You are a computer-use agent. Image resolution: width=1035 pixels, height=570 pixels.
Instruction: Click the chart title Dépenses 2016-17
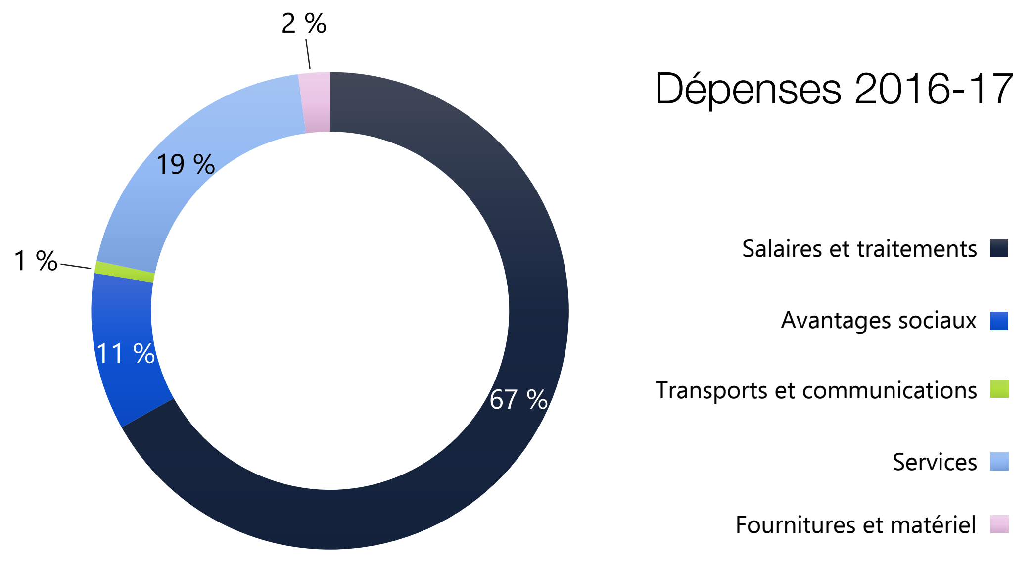tap(834, 89)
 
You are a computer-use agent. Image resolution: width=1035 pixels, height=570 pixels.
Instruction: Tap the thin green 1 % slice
tap(124, 272)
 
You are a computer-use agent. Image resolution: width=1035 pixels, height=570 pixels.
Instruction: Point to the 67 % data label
tap(518, 399)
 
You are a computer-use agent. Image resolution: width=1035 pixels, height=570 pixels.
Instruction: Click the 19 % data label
tap(186, 164)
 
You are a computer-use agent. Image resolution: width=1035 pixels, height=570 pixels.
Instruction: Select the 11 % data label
tap(125, 354)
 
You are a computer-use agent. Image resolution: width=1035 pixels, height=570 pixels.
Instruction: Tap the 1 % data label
tap(36, 261)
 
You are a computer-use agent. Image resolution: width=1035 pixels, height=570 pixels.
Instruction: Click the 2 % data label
tap(304, 23)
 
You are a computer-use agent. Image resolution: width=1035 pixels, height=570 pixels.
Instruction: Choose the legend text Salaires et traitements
tap(859, 248)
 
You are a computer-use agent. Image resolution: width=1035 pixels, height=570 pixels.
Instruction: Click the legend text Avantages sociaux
tap(879, 320)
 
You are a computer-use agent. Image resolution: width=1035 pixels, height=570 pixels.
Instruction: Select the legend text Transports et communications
tap(816, 390)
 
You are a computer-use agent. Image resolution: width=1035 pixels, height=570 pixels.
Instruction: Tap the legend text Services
tap(935, 462)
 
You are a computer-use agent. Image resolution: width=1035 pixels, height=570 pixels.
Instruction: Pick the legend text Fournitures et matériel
tap(856, 524)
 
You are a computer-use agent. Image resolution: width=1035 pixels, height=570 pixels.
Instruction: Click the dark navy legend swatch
tap(999, 248)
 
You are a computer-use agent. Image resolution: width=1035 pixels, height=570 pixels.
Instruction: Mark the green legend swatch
tap(999, 389)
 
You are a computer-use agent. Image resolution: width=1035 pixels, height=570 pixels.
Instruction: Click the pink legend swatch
tap(999, 524)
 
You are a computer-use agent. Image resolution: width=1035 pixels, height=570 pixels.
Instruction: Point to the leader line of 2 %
tap(308, 53)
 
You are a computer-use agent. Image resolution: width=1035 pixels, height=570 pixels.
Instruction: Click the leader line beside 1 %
tap(76, 266)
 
